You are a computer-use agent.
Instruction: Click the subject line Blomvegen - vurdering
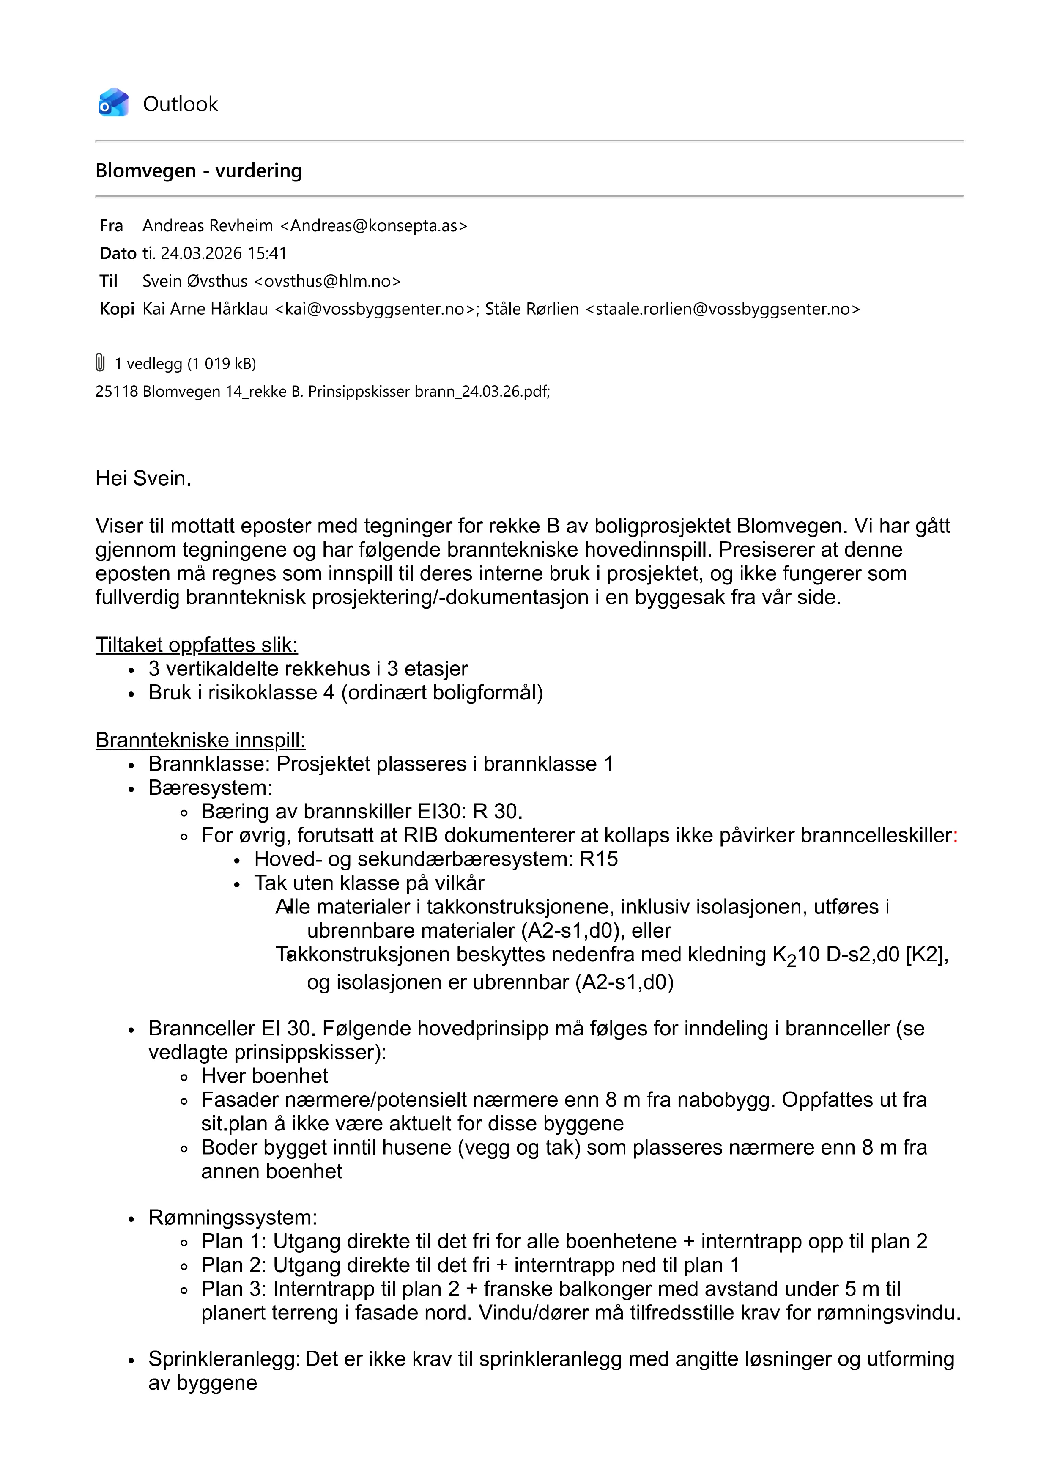[x=198, y=170]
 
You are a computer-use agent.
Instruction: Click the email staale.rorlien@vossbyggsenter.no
[x=722, y=309]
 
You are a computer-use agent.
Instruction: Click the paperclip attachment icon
[x=100, y=362]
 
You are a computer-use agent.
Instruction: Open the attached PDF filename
[x=322, y=391]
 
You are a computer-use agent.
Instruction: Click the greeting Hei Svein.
[x=143, y=478]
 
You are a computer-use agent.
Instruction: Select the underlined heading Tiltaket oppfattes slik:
[x=197, y=645]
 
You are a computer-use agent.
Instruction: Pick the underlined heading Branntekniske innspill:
[x=200, y=740]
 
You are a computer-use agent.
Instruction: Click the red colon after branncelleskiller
[x=955, y=836]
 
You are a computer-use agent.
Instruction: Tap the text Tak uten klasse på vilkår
[x=369, y=883]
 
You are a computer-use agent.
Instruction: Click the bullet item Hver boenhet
[x=264, y=1076]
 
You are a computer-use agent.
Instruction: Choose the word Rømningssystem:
[x=233, y=1218]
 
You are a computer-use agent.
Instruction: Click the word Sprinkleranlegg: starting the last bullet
[x=224, y=1359]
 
